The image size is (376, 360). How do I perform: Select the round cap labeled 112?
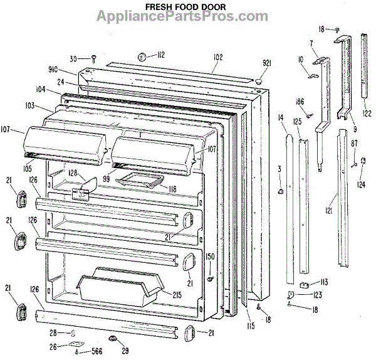(142, 57)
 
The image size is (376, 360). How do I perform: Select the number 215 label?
(177, 294)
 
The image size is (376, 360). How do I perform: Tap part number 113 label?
(323, 282)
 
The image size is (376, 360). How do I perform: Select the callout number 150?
(211, 257)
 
